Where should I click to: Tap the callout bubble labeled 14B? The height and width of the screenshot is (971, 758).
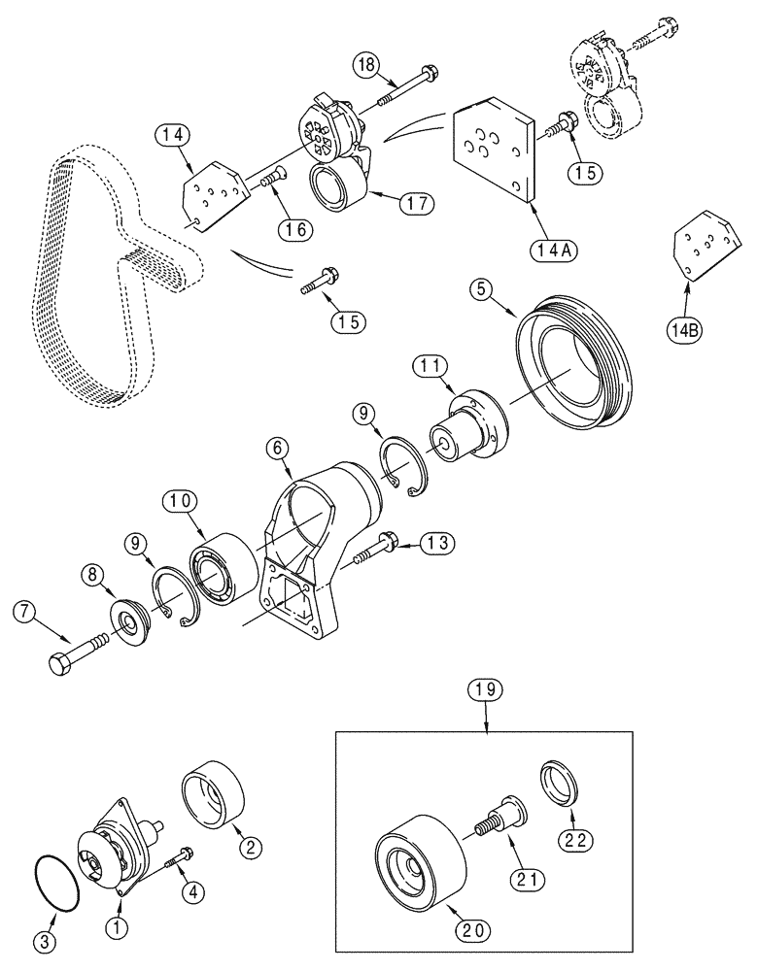click(x=684, y=330)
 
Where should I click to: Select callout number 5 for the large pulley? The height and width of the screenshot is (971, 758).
click(x=483, y=289)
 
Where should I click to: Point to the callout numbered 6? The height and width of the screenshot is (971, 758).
click(x=277, y=448)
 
